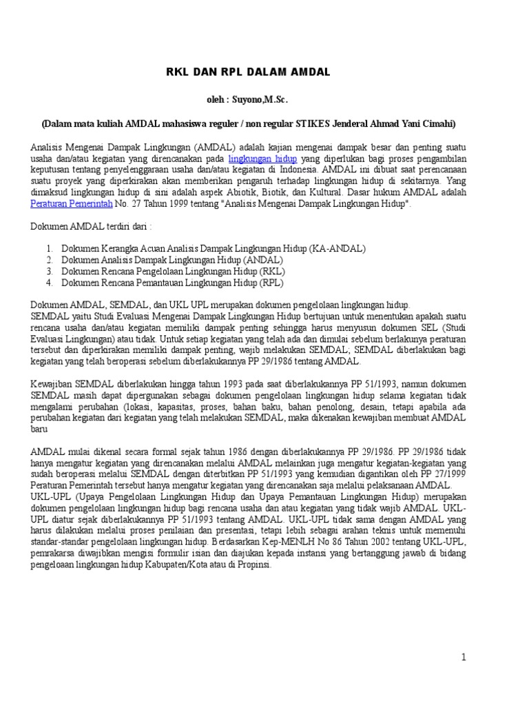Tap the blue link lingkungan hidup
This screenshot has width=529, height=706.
tap(262, 159)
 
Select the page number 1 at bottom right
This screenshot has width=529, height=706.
tap(464, 657)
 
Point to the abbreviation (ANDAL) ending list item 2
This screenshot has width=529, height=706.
tap(262, 260)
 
